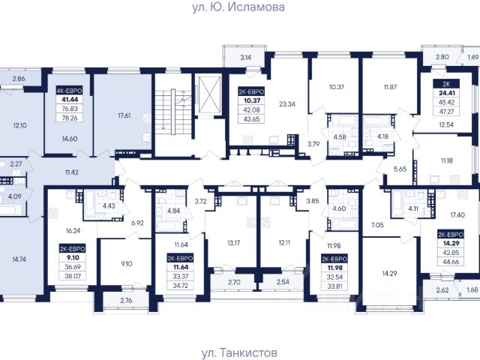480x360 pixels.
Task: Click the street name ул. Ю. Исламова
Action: click(238, 7)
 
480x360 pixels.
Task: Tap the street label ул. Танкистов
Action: click(240, 352)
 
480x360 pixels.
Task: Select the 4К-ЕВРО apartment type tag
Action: click(70, 91)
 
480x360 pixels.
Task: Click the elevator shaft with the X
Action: click(210, 95)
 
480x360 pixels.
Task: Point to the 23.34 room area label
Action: click(287, 104)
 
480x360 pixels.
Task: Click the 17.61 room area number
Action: click(124, 115)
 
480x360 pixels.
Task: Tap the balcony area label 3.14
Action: click(246, 57)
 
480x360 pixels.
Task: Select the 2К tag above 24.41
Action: click(446, 83)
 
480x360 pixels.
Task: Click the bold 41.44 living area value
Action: click(70, 100)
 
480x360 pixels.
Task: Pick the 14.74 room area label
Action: click(19, 259)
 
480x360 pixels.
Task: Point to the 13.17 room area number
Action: click(233, 243)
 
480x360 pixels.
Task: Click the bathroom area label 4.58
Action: click(340, 136)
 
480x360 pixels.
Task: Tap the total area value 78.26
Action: click(70, 118)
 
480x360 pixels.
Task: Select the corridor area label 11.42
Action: click(71, 172)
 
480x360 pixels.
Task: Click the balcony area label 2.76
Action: click(126, 300)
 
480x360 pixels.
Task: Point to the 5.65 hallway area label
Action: click(400, 169)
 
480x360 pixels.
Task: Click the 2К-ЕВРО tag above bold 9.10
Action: click(73, 248)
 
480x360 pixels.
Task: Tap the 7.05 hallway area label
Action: click(377, 225)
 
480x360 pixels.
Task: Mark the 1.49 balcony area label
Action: click(473, 57)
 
